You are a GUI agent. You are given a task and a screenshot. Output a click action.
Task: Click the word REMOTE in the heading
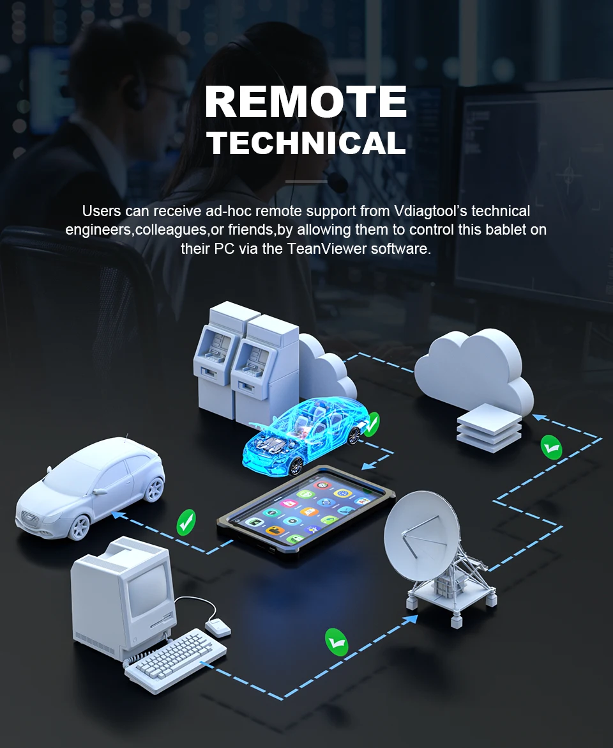coord(306,102)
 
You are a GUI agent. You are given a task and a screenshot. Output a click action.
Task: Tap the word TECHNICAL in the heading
coord(306,143)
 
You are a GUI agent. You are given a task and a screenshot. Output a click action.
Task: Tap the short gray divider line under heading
coord(306,182)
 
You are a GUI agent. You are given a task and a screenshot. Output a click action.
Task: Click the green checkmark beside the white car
coord(186,522)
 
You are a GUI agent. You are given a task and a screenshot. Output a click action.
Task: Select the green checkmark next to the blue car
coord(371,423)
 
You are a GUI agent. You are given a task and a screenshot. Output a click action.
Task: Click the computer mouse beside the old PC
coord(218,627)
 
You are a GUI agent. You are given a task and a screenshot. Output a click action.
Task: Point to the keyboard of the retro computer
coord(176,655)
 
